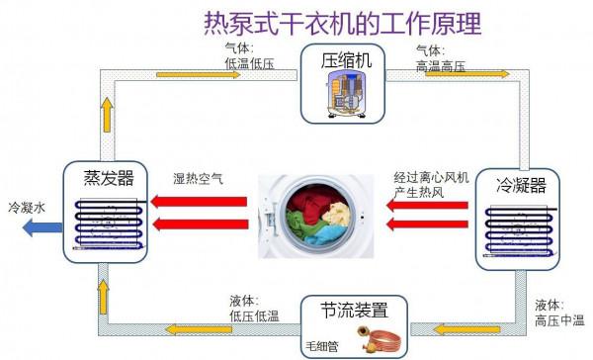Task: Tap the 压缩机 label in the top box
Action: click(x=346, y=61)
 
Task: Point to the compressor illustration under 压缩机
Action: click(x=346, y=98)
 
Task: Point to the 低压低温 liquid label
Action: click(x=252, y=315)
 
